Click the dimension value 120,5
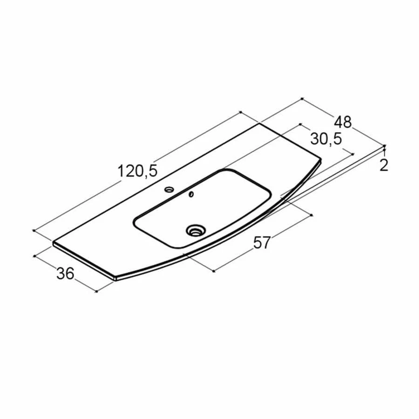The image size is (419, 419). [x=138, y=171]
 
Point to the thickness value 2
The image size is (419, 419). [x=384, y=165]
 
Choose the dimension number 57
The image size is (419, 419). [x=262, y=242]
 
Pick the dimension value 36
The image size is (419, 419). [x=65, y=274]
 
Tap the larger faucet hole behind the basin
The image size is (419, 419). [x=169, y=189]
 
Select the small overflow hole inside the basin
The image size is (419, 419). [x=190, y=195]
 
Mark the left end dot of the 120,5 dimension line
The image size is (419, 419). [x=34, y=230]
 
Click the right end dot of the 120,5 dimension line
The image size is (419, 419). [x=240, y=112]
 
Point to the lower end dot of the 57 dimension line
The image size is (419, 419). [x=213, y=270]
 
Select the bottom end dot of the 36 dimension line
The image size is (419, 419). [x=96, y=291]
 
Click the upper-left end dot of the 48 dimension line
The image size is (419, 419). [x=302, y=98]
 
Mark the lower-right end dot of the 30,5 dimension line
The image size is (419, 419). [x=353, y=154]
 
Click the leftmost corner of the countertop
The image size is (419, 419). [x=53, y=243]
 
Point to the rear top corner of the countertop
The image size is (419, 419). [x=259, y=124]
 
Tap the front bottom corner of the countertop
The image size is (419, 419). [x=115, y=278]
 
